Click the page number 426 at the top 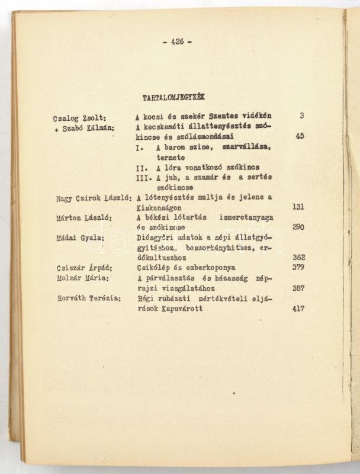point(176,41)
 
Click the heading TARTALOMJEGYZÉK point(169,97)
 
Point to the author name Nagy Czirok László point(92,198)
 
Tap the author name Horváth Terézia point(89,299)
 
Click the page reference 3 point(301,116)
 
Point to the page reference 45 point(299,136)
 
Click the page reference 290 point(298,228)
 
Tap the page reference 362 point(298,258)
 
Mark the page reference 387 point(298,289)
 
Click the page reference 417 point(298,309)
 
